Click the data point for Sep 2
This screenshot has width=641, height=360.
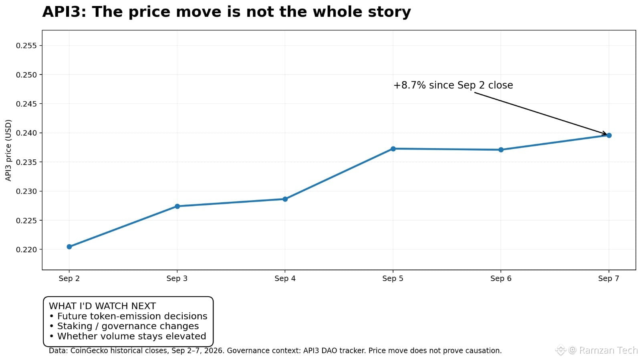click(x=69, y=247)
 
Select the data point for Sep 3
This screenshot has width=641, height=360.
click(x=177, y=207)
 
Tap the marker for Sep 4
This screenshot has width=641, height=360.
click(x=285, y=199)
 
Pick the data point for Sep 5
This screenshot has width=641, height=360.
click(x=393, y=149)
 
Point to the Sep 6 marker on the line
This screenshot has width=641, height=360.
click(x=501, y=150)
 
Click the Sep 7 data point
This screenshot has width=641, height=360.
click(x=609, y=135)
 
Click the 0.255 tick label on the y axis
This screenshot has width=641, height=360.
click(x=26, y=46)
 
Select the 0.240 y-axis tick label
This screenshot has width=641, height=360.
click(x=26, y=133)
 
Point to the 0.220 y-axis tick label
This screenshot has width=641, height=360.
click(x=26, y=250)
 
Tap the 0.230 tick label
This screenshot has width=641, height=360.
click(x=26, y=191)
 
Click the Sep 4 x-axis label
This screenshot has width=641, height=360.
click(x=285, y=278)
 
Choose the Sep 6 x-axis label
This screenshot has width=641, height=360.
click(x=501, y=278)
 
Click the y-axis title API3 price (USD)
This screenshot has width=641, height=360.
click(x=8, y=151)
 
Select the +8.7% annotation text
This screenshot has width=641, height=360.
click(x=453, y=85)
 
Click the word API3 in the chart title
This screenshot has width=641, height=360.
click(x=64, y=12)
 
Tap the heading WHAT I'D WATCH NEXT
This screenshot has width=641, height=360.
click(x=102, y=306)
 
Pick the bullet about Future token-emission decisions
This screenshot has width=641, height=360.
click(x=128, y=316)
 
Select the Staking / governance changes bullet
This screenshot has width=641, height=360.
click(x=124, y=326)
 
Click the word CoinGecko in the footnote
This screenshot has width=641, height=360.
click(x=89, y=351)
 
